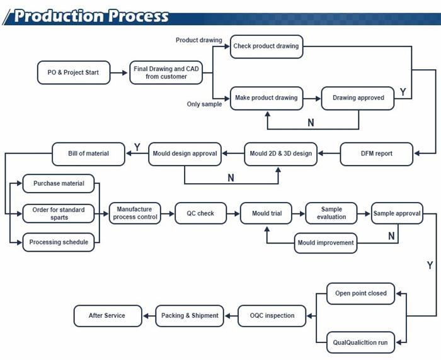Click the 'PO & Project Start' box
pos(74,72)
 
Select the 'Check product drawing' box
pos(266,47)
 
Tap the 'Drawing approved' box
pos(358,98)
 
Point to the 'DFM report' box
pos(377,154)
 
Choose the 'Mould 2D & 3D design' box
pos(281,154)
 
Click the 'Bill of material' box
pos(88,154)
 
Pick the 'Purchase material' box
pos(59,184)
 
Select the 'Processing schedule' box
pos(59,242)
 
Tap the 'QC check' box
pos(200,213)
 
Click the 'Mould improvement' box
pos(326,243)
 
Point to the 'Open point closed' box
pos(361,293)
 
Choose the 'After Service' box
pos(108,316)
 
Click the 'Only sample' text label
pos(205,104)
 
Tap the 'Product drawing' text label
pos(199,40)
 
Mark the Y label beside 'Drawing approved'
pos(403,92)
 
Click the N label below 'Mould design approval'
pos(231,178)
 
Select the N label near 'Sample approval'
pos(391,236)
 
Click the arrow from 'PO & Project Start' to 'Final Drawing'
pos(118,73)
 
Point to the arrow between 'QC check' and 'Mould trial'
pos(233,214)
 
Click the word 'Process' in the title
pos(139,16)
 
